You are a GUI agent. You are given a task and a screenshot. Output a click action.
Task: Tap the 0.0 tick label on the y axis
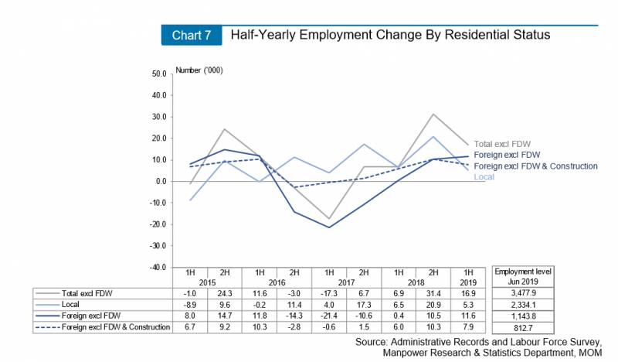click(161, 182)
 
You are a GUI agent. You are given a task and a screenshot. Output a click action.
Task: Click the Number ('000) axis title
click(199, 70)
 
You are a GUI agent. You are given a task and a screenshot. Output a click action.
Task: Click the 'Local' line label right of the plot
click(484, 177)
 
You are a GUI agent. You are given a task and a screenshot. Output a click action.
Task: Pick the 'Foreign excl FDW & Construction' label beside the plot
click(535, 166)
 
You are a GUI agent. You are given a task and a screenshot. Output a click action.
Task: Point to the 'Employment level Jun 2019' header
click(520, 277)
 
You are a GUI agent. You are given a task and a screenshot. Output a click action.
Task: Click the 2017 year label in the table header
click(348, 283)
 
